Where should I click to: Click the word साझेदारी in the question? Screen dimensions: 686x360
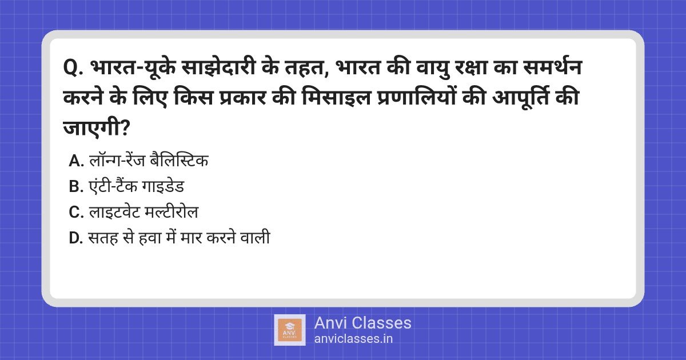click(x=218, y=67)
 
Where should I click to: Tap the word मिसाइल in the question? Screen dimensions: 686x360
click(x=336, y=98)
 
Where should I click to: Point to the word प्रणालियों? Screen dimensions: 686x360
click(x=416, y=98)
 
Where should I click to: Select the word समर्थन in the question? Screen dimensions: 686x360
click(x=552, y=66)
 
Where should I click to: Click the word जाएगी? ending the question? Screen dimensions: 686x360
click(x=97, y=127)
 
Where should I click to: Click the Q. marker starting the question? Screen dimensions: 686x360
click(x=73, y=67)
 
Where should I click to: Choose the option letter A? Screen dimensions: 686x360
click(x=76, y=161)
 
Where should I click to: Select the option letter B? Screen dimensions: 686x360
click(x=76, y=186)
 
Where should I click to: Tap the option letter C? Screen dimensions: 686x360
click(x=76, y=212)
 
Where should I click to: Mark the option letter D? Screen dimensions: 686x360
click(x=75, y=238)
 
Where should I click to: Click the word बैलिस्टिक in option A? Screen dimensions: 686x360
click(x=179, y=160)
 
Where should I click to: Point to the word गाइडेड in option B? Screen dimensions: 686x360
click(x=163, y=186)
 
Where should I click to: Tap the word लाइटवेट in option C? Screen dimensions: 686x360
click(x=114, y=211)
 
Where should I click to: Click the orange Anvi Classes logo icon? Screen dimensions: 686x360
click(x=290, y=330)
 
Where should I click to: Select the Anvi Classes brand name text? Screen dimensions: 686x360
click(x=362, y=323)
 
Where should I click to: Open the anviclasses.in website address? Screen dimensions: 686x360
click(x=353, y=339)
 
